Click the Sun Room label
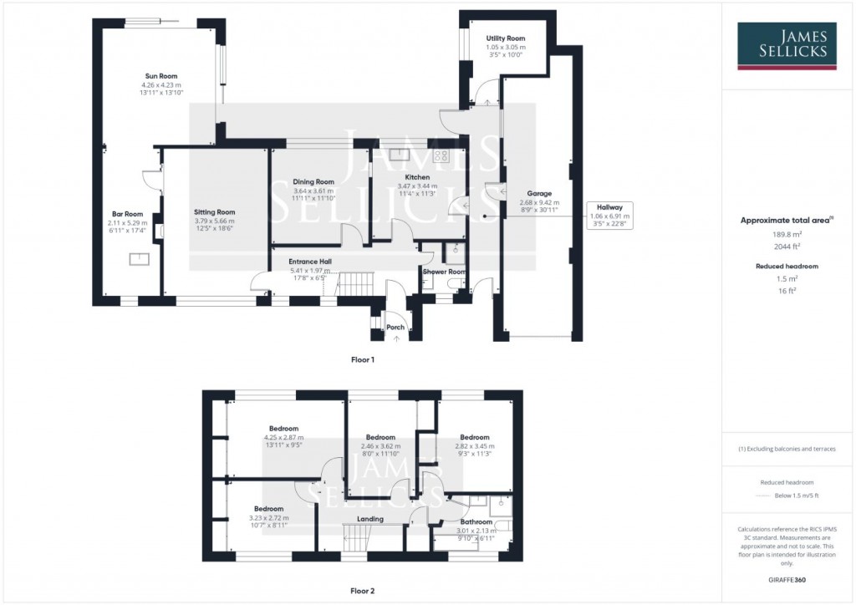click(x=162, y=76)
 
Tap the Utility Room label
click(x=505, y=38)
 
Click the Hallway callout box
click(x=609, y=215)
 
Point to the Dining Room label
click(x=313, y=181)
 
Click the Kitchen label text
click(x=417, y=177)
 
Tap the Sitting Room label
click(x=214, y=212)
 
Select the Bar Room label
click(x=127, y=213)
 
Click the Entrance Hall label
click(x=310, y=262)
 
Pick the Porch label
click(x=395, y=327)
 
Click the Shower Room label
click(x=443, y=272)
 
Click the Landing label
click(x=370, y=519)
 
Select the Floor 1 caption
click(x=362, y=359)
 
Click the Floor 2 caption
click(x=362, y=591)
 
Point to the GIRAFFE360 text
click(x=787, y=579)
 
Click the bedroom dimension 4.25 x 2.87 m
click(x=283, y=437)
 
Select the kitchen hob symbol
click(x=441, y=155)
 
